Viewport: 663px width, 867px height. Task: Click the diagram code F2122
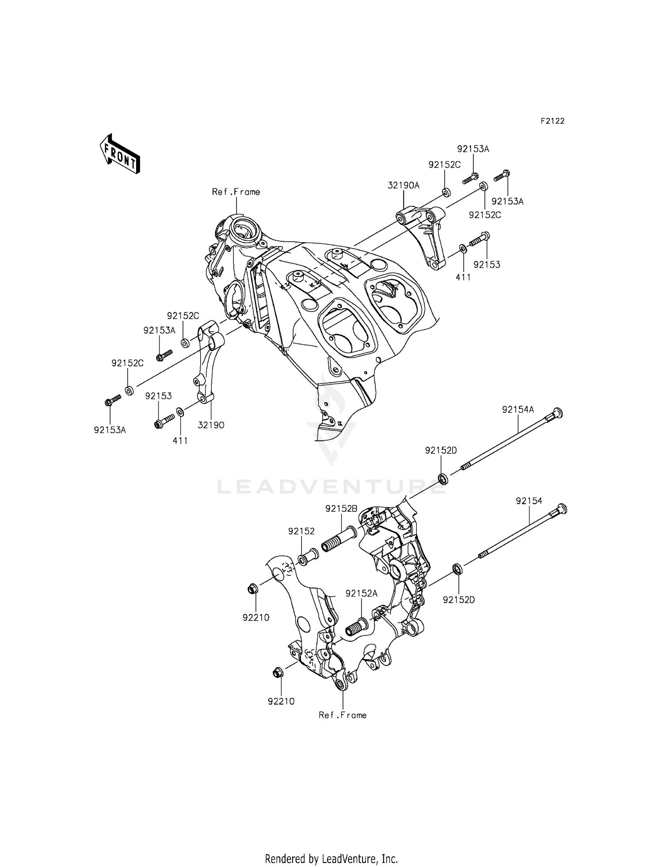click(552, 121)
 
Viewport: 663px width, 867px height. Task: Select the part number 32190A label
click(404, 186)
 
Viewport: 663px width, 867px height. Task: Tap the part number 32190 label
click(211, 425)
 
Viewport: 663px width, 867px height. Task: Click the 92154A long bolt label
click(518, 410)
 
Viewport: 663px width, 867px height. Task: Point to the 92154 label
click(529, 501)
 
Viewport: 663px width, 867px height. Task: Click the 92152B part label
click(341, 509)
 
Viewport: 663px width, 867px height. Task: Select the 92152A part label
click(362, 593)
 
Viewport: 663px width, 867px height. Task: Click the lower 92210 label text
click(281, 701)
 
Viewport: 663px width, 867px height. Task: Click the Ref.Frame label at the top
click(236, 192)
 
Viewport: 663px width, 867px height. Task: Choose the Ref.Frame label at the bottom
click(343, 715)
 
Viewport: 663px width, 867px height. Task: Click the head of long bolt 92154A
click(557, 414)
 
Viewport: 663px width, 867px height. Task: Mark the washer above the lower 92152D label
click(457, 568)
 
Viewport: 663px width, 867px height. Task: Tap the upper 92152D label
click(441, 450)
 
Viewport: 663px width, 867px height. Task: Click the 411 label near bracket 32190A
click(463, 277)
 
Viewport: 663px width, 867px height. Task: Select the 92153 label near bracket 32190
click(158, 396)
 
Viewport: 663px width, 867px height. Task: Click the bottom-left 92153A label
click(110, 430)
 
